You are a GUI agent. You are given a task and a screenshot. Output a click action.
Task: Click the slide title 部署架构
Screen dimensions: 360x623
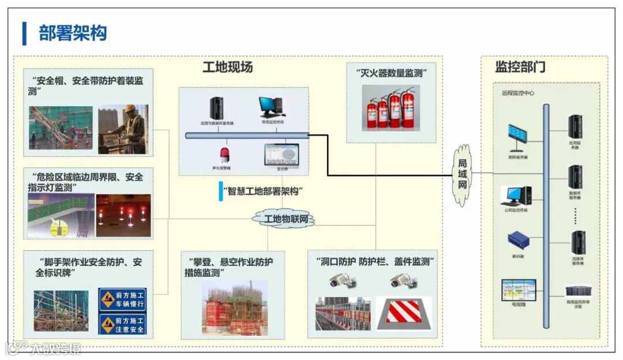point(73,33)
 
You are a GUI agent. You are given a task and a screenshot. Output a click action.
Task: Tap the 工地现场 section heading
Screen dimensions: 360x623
point(227,67)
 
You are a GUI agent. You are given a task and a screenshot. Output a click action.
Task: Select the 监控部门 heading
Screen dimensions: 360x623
point(520,67)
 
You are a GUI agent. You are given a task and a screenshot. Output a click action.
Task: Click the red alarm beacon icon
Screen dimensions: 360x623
point(224,155)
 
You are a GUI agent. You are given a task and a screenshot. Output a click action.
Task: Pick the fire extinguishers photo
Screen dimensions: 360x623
point(391,108)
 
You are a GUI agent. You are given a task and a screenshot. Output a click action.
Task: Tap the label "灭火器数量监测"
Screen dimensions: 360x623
point(391,73)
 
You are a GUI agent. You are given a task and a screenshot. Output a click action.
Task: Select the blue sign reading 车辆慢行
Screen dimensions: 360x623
point(122,299)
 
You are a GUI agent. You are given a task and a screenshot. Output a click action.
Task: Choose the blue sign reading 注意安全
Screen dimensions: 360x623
point(122,324)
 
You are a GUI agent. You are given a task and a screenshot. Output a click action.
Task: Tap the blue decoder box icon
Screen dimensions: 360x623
point(516,239)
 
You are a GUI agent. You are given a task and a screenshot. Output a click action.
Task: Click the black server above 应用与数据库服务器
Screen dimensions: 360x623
point(216,108)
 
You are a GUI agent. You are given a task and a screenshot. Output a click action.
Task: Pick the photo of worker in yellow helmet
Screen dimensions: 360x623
point(123,129)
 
